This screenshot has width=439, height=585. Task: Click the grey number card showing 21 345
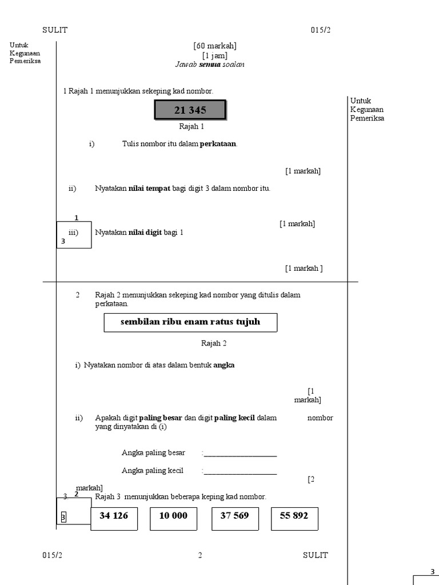190,110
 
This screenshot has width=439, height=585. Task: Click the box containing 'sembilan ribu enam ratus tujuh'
190,322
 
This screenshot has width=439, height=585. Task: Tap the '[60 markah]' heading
215,46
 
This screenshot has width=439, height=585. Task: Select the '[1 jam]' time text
215,55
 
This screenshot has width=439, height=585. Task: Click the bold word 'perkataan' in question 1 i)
218,144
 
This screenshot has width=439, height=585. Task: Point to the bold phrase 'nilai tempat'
149,189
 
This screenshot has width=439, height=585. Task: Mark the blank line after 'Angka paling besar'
240,455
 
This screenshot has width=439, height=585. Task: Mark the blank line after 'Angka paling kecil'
240,472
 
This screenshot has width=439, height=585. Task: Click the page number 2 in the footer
200,555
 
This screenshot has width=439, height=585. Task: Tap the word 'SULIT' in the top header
55,30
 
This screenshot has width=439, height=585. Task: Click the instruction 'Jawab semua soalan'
210,65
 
